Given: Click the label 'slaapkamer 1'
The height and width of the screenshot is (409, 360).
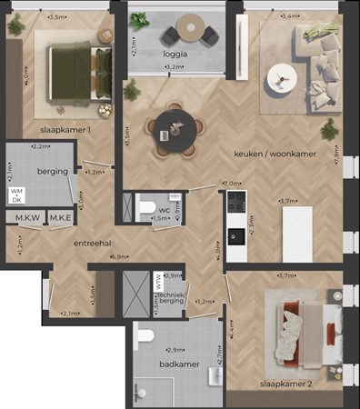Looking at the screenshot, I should pyautogui.click(x=65, y=128).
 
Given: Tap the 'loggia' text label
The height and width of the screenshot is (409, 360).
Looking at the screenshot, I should pyautogui.click(x=175, y=54).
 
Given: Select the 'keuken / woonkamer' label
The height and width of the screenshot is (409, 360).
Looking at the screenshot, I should pyautogui.click(x=275, y=154).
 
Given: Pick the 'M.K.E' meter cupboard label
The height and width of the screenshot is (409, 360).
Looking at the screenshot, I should pyautogui.click(x=61, y=218).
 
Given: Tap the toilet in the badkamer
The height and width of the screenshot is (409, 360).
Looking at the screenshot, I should pyautogui.click(x=144, y=339).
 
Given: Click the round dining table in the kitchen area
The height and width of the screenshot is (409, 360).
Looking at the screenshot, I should pyautogui.click(x=172, y=129).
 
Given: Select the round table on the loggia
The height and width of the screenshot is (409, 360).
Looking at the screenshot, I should pyautogui.click(x=191, y=27).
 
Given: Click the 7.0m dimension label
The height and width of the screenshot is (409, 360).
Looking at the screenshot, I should pyautogui.click(x=224, y=184).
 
